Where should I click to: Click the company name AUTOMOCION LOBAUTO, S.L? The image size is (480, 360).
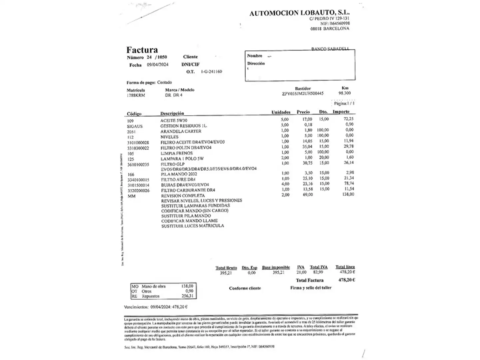tap(299, 13)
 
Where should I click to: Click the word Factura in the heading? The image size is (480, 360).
tap(142, 50)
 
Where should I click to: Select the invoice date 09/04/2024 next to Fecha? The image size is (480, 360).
tap(158, 65)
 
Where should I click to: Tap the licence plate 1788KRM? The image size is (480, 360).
tap(136, 95)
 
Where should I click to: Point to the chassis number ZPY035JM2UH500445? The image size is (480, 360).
tap(303, 94)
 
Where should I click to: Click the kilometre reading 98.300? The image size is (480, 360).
tap(345, 93)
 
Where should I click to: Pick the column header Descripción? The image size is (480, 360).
tap(172, 113)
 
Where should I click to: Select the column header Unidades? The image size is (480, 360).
tap(281, 112)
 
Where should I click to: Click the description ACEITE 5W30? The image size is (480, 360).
tap(174, 121)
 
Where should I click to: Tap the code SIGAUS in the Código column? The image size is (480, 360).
tap(135, 126)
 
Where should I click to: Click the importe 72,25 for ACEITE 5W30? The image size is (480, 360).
tap(348, 119)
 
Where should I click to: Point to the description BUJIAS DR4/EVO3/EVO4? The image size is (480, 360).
tap(185, 185)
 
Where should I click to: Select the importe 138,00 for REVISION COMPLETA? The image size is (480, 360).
tap(348, 194)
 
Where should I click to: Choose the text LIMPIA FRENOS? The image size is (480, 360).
tap(177, 153)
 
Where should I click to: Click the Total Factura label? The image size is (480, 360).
tap(310, 280)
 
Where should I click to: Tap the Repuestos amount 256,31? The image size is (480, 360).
tap(187, 296)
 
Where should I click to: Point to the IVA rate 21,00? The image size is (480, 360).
tap(301, 272)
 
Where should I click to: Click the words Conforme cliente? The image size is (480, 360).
tap(245, 288)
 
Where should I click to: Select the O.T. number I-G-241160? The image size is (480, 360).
tap(211, 72)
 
